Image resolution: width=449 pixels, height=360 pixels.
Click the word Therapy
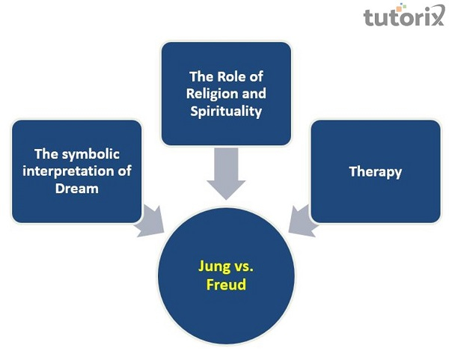tap(375, 171)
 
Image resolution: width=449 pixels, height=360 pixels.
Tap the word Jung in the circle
tap(214, 267)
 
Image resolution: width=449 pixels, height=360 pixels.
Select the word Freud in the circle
tap(225, 284)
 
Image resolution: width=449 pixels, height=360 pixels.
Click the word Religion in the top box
tap(198, 94)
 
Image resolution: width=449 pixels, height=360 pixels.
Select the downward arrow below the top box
tap(225, 171)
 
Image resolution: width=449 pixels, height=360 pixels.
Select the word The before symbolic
tap(46, 154)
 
